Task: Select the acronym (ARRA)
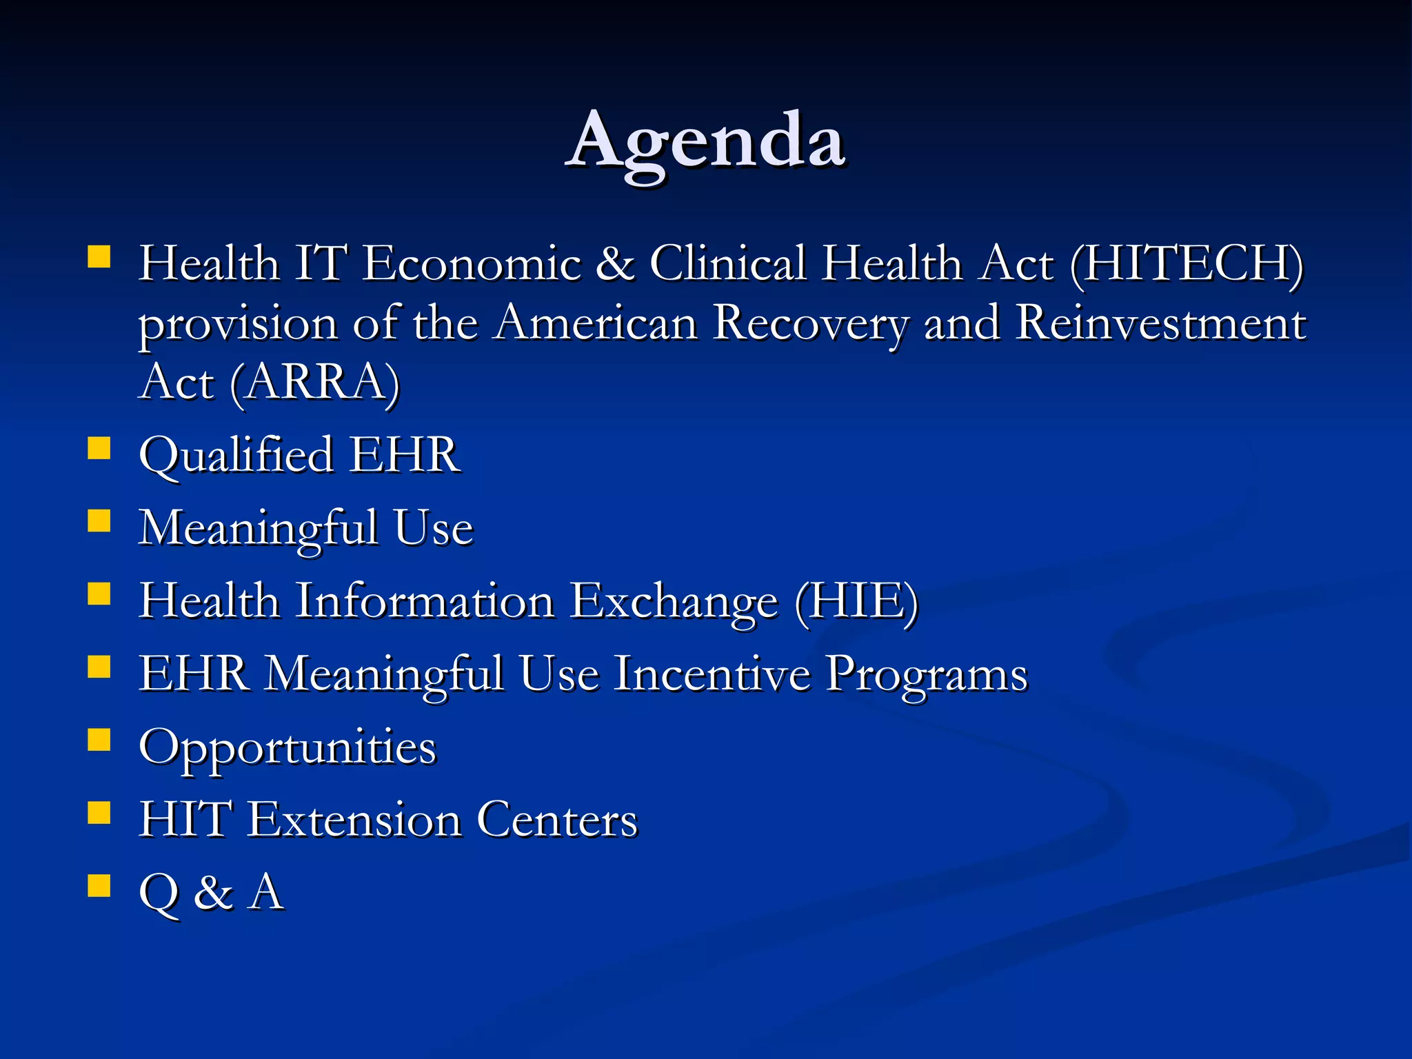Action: tap(314, 383)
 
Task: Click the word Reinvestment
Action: tap(1161, 323)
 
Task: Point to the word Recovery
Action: tap(810, 325)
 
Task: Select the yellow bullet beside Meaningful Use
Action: tap(99, 521)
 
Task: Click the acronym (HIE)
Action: tap(856, 602)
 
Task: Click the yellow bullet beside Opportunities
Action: tap(99, 740)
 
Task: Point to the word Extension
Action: tap(354, 820)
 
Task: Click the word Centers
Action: tap(557, 820)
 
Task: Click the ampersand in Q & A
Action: tap(213, 894)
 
